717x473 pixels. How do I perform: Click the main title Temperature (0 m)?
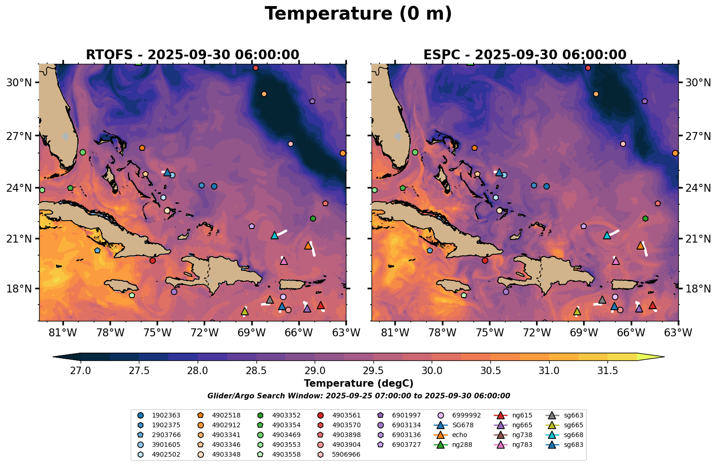coord(358,14)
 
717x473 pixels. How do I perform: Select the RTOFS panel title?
coord(192,55)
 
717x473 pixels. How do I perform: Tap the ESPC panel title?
coord(524,55)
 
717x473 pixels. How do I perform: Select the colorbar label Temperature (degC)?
coord(358,383)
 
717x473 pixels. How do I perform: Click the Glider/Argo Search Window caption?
coord(358,396)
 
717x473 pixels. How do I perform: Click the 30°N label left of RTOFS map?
coord(19,83)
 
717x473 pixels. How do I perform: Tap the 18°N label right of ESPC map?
coord(698,289)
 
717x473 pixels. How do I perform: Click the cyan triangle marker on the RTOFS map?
coord(275,236)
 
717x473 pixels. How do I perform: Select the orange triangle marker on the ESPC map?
coord(640,246)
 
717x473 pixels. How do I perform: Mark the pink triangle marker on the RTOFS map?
coord(284,261)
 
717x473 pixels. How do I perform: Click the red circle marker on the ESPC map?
coord(485,260)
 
